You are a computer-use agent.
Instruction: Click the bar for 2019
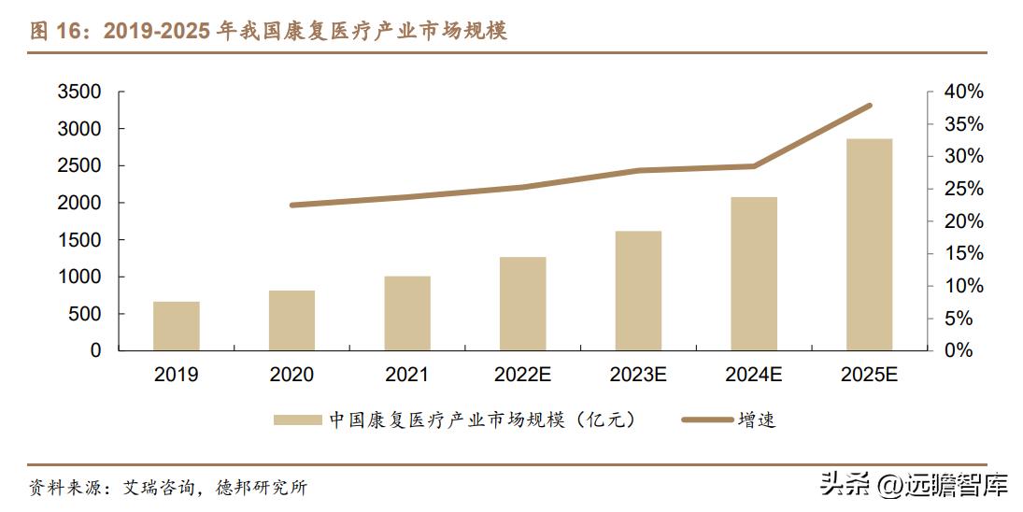point(177,326)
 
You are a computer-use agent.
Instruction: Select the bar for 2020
point(291,320)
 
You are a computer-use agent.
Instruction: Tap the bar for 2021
point(407,313)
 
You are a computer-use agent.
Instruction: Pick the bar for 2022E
point(522,304)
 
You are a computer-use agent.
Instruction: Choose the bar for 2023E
point(638,291)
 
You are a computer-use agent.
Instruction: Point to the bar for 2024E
point(754,274)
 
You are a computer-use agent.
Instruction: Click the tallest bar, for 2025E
point(869,245)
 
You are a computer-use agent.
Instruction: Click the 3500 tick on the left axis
point(78,92)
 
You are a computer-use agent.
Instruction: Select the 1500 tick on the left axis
point(78,240)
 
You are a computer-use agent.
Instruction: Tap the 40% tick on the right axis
point(961,92)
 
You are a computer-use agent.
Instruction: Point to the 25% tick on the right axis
point(961,190)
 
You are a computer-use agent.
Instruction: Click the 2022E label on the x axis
point(522,376)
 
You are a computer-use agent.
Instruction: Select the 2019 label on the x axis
point(177,376)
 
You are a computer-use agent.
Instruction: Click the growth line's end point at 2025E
point(869,106)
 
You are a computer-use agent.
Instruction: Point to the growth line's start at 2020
point(291,205)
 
